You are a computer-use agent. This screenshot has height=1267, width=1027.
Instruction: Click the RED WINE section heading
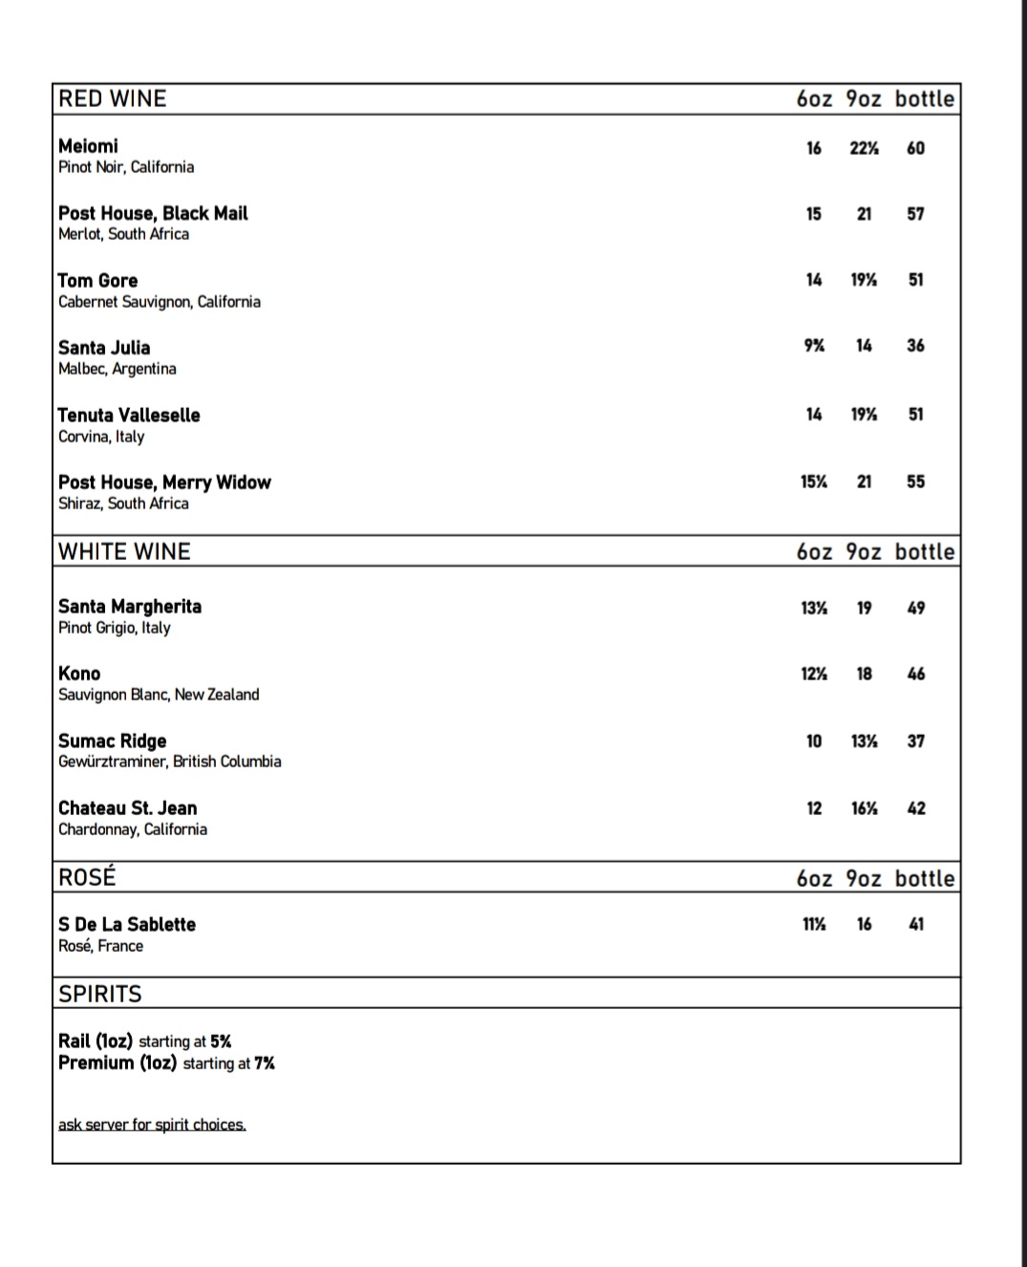[x=112, y=98]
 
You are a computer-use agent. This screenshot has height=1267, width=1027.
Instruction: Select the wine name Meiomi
[x=88, y=146]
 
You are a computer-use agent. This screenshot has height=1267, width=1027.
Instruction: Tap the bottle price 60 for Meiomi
[x=915, y=148]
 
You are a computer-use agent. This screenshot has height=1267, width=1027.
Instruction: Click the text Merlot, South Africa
[x=123, y=234]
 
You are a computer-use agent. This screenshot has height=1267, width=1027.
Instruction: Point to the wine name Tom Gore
[x=97, y=281]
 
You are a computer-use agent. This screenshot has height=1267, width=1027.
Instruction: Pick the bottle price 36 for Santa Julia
[x=915, y=346]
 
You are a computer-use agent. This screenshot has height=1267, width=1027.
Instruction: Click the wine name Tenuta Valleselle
[x=129, y=416]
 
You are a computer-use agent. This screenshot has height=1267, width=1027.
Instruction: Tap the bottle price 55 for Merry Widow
[x=915, y=483]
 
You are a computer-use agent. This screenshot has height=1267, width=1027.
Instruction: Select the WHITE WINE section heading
[x=124, y=551]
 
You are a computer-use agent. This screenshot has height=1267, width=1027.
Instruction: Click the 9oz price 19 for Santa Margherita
[x=864, y=608]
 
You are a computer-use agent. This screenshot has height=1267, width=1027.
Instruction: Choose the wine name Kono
[x=79, y=674]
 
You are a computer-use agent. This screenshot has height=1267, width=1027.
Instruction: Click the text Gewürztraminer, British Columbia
[x=170, y=762]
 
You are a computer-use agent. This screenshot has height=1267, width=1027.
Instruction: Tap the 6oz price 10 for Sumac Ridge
[x=814, y=741]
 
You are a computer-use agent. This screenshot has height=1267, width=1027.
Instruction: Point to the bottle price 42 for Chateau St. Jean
[x=916, y=808]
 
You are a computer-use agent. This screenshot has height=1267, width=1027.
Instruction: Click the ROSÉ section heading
[x=87, y=877]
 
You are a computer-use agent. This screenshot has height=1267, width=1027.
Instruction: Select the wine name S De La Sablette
[x=127, y=925]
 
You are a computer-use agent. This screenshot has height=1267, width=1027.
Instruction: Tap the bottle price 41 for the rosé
[x=916, y=924]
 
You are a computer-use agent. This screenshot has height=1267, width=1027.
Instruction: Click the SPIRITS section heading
[x=99, y=994]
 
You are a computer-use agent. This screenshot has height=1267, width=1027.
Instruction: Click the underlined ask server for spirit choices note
[x=152, y=1125]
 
